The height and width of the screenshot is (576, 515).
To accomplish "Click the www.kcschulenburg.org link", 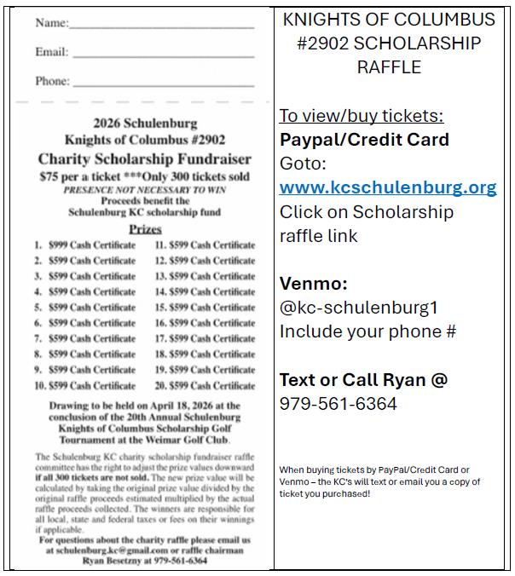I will pos(388,187).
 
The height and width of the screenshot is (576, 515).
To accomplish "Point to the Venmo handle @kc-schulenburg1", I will pos(358,308).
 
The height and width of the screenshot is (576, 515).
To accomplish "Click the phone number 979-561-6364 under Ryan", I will pos(339,403).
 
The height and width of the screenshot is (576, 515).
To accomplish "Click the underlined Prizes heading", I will pos(145,229).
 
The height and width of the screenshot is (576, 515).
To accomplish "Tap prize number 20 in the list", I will pos(205,385).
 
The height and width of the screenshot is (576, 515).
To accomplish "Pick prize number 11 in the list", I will pos(205,245).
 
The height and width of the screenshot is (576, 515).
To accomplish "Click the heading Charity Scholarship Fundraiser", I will pos(145,159).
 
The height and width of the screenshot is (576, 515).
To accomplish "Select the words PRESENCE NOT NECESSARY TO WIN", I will pos(145,189).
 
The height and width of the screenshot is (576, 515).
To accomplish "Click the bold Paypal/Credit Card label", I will pos(364,140).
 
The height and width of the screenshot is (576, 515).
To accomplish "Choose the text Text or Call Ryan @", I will pos(363,380).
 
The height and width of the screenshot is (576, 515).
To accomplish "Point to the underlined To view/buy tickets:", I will pos(362,116).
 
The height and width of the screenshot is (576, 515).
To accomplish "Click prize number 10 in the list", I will pos(85,385).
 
